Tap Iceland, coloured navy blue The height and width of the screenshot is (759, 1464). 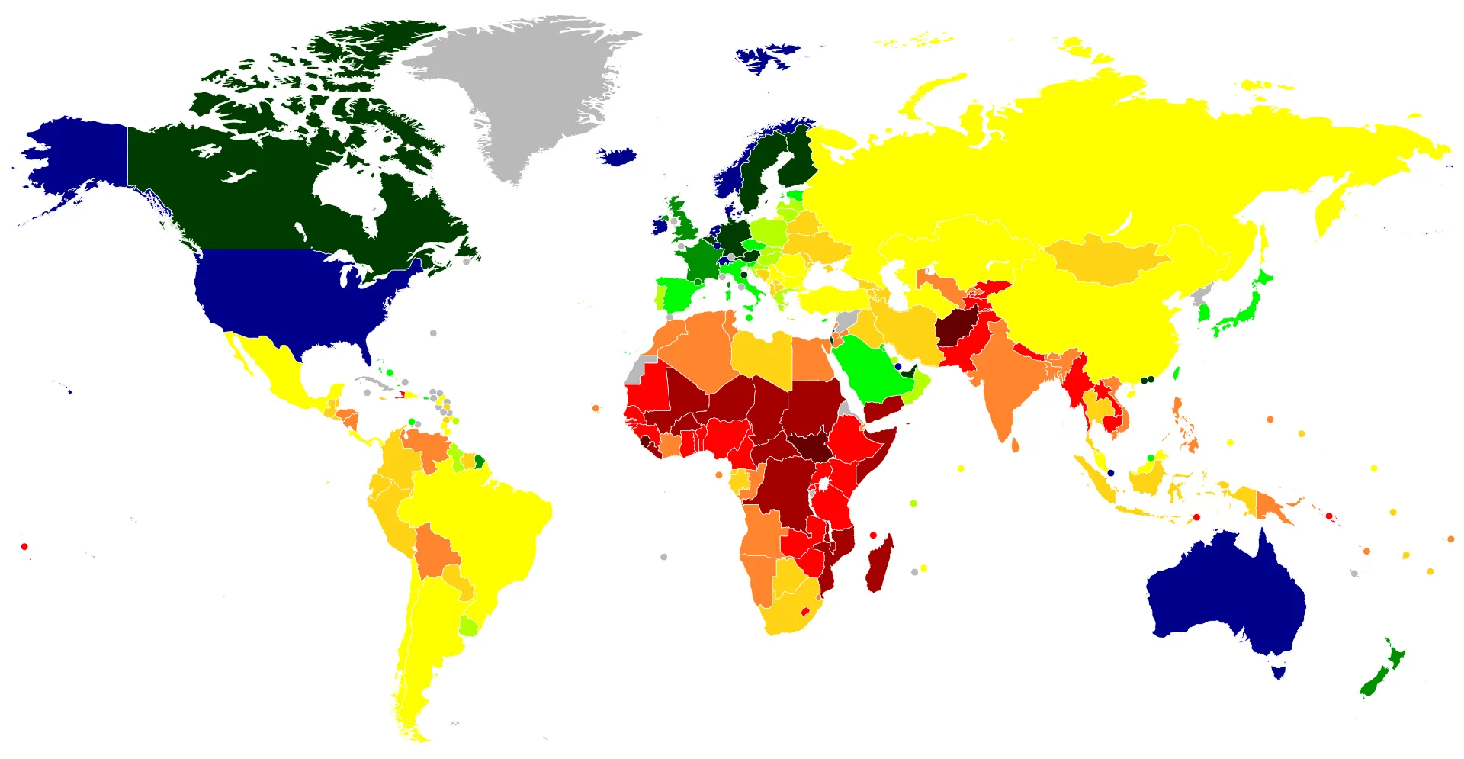point(618,157)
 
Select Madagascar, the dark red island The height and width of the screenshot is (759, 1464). point(879,564)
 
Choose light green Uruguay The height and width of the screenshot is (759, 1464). point(469,626)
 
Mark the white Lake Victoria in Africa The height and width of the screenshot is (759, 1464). point(823,484)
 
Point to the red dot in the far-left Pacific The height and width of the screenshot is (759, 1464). point(24,546)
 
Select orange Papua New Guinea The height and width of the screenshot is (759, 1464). point(1270,507)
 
